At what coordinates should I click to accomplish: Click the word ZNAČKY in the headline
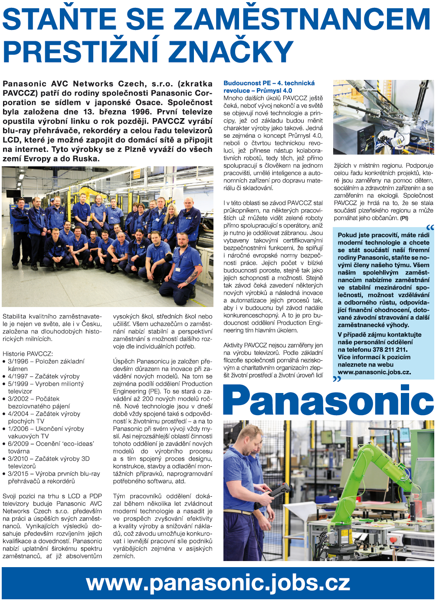[232, 52]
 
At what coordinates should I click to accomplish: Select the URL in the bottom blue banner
[218, 583]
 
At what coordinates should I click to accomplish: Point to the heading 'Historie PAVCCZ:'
[28, 354]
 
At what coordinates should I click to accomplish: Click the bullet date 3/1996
[18, 361]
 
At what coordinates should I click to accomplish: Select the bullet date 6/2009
[18, 444]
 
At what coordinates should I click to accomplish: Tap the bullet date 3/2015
[18, 474]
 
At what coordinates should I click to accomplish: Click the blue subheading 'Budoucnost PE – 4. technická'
[269, 83]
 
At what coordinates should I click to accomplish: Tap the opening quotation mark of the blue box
[429, 227]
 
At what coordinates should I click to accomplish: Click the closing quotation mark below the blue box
[337, 379]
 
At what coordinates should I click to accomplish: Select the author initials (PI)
[404, 218]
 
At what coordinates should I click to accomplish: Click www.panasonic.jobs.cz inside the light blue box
[374, 372]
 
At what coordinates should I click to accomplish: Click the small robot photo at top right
[383, 117]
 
